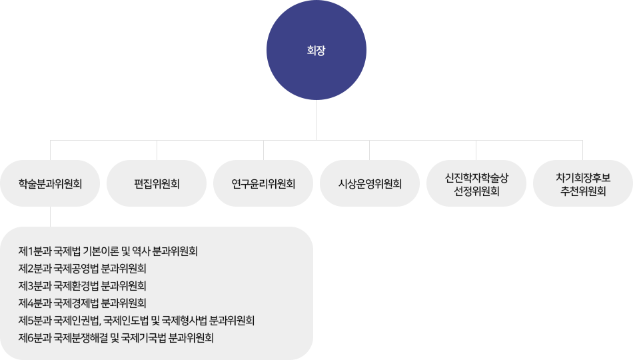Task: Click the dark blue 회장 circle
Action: point(316,51)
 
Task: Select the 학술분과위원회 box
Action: point(50,183)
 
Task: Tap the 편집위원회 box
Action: point(157,183)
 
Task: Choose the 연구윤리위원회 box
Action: point(263,183)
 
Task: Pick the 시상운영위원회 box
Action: point(370,183)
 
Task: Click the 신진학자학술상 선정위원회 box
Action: point(476,183)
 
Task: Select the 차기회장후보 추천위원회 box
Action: point(583,183)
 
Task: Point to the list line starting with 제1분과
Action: point(109,251)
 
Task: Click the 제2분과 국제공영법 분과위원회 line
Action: point(83,269)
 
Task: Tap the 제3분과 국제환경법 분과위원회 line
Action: point(83,286)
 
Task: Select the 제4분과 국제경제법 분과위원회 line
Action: point(83,303)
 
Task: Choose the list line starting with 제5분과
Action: point(137,321)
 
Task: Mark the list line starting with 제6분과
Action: point(117,338)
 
